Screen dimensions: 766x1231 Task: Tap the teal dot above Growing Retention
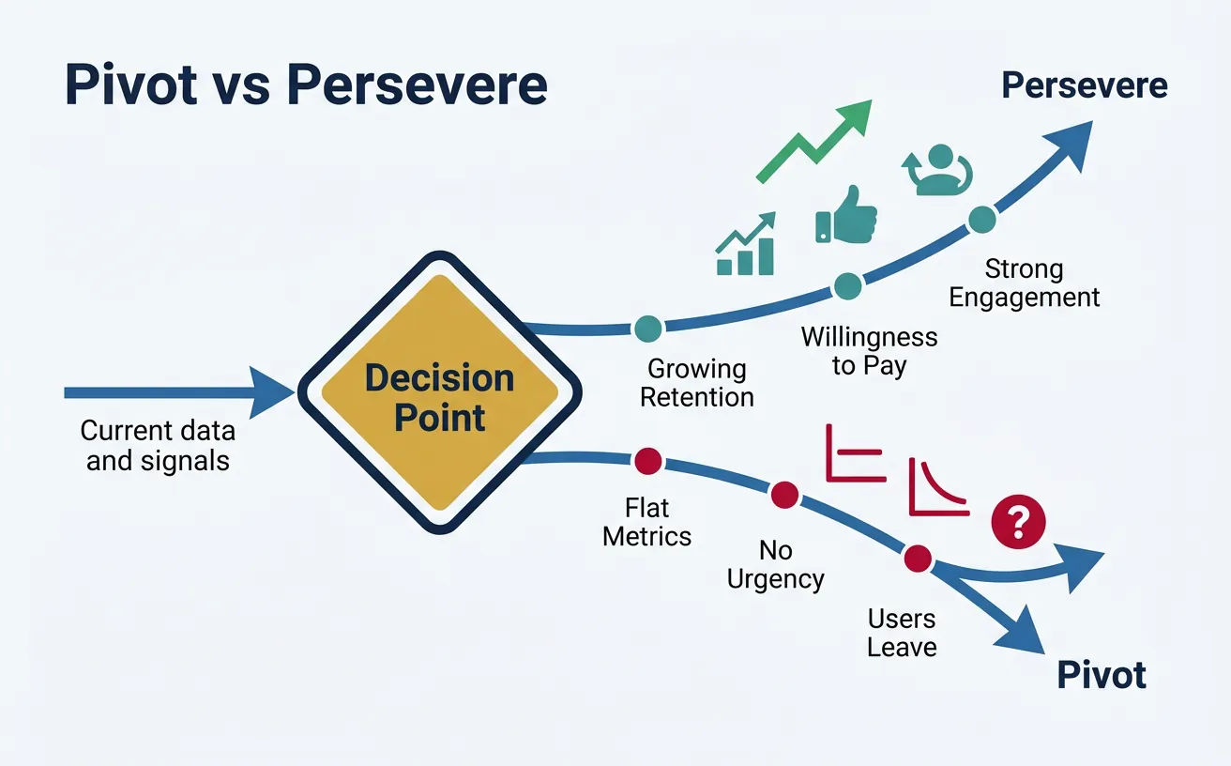point(647,329)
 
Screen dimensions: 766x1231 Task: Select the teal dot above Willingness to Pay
point(847,286)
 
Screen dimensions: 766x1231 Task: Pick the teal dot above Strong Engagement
point(981,218)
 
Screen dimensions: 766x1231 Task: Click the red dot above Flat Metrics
point(647,461)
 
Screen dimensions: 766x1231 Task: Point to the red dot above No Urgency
point(784,495)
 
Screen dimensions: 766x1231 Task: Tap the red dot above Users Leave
point(917,559)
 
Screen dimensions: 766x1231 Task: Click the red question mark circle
point(1018,518)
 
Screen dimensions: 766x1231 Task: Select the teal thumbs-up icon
point(846,216)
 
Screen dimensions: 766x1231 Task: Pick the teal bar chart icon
point(746,246)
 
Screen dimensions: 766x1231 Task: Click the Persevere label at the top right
point(1084,85)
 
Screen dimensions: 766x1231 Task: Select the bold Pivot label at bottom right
point(1102,675)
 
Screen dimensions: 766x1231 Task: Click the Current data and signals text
point(158,445)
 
